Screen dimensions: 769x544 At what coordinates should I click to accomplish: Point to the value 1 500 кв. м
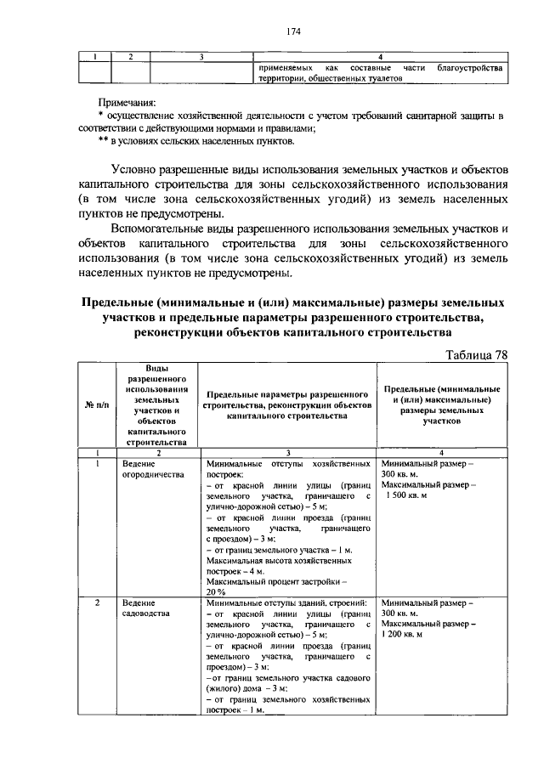pyautogui.click(x=411, y=495)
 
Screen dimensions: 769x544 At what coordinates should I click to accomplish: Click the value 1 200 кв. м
pyautogui.click(x=408, y=634)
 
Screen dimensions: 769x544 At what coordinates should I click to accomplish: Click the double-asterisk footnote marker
pyautogui.click(x=104, y=141)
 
